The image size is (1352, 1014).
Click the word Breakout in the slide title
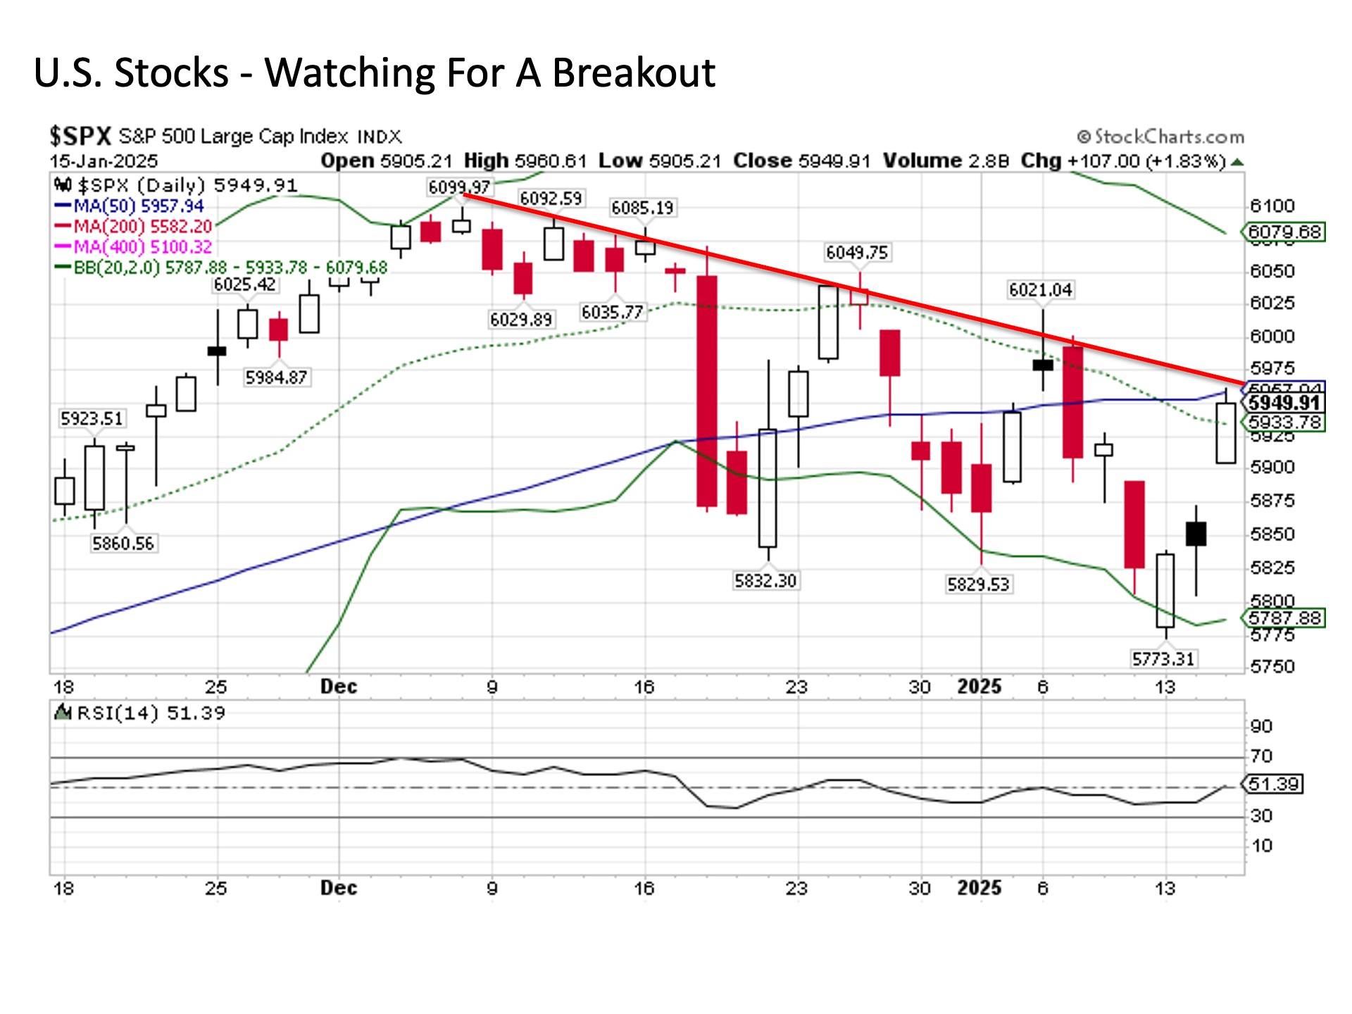(x=633, y=73)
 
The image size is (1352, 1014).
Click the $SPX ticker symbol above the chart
(x=80, y=135)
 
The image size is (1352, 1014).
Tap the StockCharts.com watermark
(x=1160, y=137)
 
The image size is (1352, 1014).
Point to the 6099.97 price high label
(x=459, y=187)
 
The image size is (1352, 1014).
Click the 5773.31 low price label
(x=1163, y=659)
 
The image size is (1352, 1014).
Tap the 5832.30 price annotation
(x=765, y=581)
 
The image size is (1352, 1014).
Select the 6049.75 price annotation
(x=857, y=253)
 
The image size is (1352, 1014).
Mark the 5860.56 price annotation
(x=123, y=544)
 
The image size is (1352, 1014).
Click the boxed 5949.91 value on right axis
(x=1284, y=403)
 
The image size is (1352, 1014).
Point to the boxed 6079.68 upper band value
(x=1284, y=232)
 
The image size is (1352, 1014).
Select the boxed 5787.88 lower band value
(x=1284, y=618)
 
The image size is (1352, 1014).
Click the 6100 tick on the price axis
(x=1272, y=206)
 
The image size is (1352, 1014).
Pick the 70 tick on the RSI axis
(x=1261, y=756)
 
